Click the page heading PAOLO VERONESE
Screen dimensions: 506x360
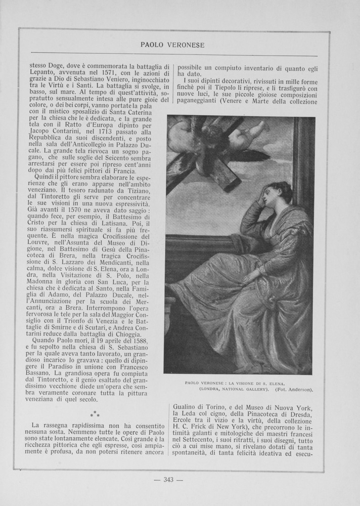(x=172, y=45)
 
